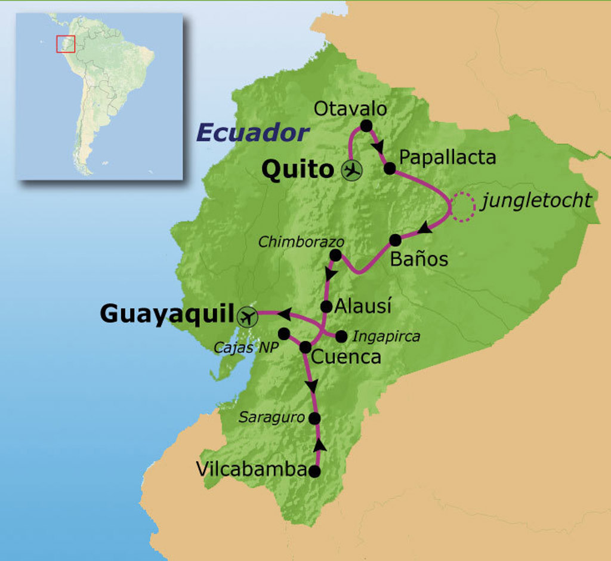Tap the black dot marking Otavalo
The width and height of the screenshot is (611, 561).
[366, 126]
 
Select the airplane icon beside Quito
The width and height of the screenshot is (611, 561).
[352, 170]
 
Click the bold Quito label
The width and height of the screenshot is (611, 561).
[297, 170]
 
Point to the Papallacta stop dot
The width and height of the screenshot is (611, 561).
[390, 168]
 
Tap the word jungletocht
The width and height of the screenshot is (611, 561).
[536, 201]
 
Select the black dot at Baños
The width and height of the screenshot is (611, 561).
[395, 240]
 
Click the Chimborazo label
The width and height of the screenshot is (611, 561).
[301, 242]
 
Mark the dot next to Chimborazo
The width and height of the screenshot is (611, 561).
[335, 255]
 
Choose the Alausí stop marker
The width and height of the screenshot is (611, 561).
[326, 307]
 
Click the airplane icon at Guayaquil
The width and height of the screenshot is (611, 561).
[246, 316]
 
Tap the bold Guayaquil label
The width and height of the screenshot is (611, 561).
[167, 313]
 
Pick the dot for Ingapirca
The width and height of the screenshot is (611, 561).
[341, 337]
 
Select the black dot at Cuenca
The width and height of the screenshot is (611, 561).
[305, 347]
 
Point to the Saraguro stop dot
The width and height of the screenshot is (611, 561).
[315, 418]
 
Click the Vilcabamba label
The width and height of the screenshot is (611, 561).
[251, 470]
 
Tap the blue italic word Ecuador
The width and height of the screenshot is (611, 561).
[252, 133]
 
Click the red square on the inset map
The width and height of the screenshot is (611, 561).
[66, 44]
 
